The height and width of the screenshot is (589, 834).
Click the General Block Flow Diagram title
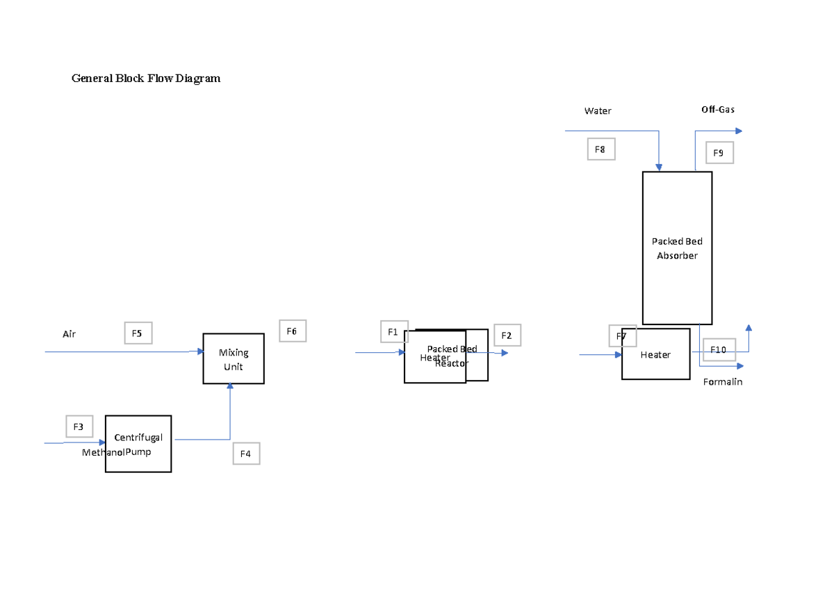click(x=146, y=78)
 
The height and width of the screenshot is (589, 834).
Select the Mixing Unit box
click(x=234, y=359)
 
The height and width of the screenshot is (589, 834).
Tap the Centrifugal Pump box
click(x=138, y=444)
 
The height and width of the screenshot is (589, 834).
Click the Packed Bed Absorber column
click(x=677, y=248)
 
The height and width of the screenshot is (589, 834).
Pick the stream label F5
click(x=138, y=333)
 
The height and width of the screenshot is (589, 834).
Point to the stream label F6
click(x=292, y=331)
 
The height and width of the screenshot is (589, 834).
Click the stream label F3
click(x=79, y=426)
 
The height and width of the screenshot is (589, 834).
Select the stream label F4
click(x=246, y=454)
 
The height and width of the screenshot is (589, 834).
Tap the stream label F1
click(x=393, y=331)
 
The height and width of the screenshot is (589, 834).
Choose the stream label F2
click(x=507, y=335)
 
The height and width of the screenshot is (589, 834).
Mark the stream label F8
click(x=600, y=149)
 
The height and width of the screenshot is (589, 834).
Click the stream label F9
click(x=719, y=153)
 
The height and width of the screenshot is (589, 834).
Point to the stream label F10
click(x=719, y=349)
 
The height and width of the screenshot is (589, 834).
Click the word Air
click(x=69, y=334)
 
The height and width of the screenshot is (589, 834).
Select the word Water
click(x=598, y=111)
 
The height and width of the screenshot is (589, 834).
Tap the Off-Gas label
click(x=718, y=110)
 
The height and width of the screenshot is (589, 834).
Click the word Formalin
click(x=723, y=382)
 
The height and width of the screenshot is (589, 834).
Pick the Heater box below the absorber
click(x=656, y=355)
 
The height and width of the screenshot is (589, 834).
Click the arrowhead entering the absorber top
click(x=659, y=167)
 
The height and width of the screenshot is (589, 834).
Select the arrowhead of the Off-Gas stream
click(x=739, y=131)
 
